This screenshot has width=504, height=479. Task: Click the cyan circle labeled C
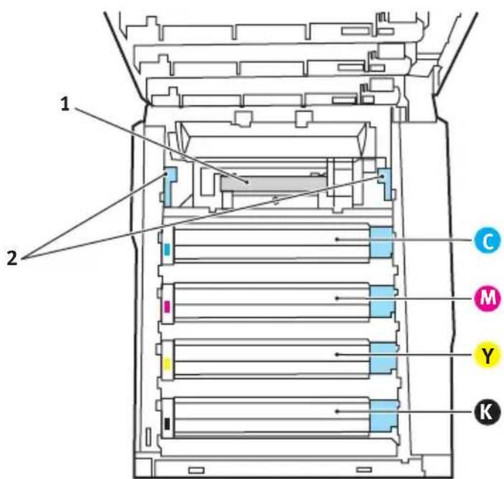click(488, 240)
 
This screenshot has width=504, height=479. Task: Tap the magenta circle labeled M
click(488, 298)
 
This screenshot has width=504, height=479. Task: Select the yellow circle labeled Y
click(488, 355)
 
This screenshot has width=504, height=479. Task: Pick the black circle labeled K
click(488, 411)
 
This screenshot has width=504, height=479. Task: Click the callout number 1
click(65, 104)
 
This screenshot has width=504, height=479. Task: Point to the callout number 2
click(12, 258)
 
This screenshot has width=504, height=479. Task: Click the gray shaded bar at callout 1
click(273, 184)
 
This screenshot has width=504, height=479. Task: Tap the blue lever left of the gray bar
click(169, 186)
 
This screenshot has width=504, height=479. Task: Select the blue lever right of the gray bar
click(385, 184)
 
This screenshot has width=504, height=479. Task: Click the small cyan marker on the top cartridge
click(167, 250)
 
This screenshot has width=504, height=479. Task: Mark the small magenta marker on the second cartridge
click(167, 306)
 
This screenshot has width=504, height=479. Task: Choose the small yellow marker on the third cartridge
click(167, 364)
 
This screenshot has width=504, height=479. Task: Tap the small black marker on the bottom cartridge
click(167, 423)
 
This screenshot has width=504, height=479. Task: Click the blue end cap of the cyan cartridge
click(381, 242)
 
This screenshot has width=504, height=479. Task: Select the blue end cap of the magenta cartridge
click(382, 302)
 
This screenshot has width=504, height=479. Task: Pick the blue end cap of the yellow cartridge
click(383, 358)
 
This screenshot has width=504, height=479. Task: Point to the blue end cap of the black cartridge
click(384, 415)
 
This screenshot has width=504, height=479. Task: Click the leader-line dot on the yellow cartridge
click(337, 354)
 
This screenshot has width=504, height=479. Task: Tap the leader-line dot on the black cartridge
click(337, 411)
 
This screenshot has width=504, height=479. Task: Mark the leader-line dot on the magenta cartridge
click(337, 298)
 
